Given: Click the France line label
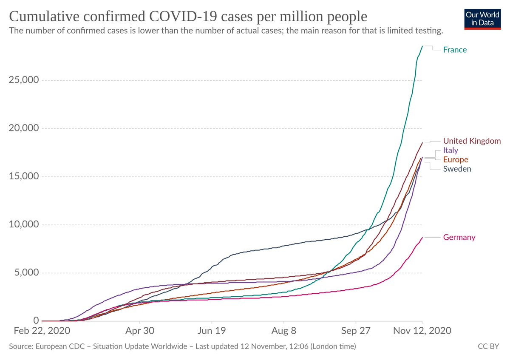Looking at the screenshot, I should click(455, 50).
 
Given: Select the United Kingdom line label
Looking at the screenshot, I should click(472, 141).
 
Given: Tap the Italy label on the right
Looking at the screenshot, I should click(450, 150).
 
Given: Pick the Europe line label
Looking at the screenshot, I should click(456, 160).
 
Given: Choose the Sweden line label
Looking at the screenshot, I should click(457, 169).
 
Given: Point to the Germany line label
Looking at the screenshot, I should click(459, 237).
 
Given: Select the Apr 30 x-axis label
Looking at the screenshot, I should click(140, 331).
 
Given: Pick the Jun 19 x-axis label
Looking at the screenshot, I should click(212, 331).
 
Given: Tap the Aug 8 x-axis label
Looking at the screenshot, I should click(284, 331).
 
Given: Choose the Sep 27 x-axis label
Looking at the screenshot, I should click(356, 331).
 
